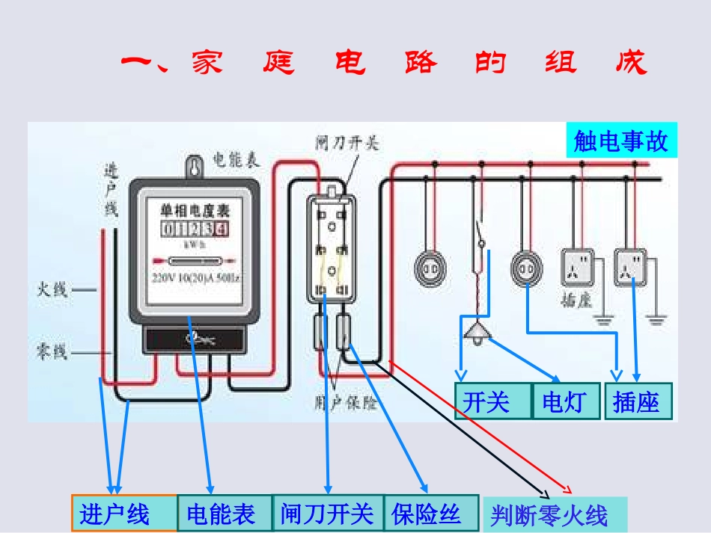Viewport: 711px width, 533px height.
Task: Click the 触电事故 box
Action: [x=621, y=141]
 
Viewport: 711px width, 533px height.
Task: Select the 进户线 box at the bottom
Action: [x=123, y=514]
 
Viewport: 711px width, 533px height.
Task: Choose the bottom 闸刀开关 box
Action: [x=327, y=514]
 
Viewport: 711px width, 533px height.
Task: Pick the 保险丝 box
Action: [x=430, y=514]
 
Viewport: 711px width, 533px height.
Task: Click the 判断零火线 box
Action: [x=554, y=515]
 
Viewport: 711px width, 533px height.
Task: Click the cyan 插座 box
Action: [x=638, y=401]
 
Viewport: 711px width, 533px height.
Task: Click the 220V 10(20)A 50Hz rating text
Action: [x=196, y=279]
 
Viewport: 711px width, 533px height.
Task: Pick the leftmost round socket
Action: [x=432, y=267]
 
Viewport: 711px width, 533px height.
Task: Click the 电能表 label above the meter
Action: [x=236, y=159]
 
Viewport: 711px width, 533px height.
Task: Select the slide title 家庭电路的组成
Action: [x=383, y=63]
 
